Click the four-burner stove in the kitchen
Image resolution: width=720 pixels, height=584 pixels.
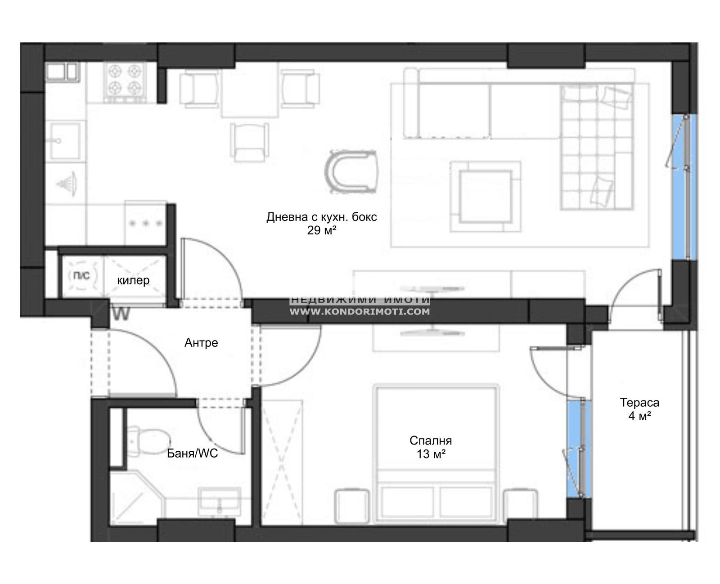click(x=125, y=82)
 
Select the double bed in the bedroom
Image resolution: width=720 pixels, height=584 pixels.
click(x=436, y=453)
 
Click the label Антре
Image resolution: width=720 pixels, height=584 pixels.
click(x=201, y=343)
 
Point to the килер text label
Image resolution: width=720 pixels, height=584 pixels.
click(x=133, y=280)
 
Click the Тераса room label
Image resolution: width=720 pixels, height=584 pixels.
click(x=639, y=403)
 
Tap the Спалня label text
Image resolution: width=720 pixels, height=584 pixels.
click(x=431, y=440)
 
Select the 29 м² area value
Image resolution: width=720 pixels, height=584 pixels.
click(x=321, y=230)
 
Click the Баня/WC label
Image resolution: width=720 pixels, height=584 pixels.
click(x=192, y=454)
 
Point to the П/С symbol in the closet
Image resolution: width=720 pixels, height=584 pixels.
click(x=82, y=275)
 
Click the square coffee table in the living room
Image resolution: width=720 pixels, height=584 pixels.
click(x=485, y=196)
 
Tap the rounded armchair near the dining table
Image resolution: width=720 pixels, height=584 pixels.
click(x=351, y=172)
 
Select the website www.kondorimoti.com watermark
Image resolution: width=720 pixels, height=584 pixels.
click(x=360, y=311)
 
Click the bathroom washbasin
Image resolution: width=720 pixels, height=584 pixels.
click(x=220, y=501)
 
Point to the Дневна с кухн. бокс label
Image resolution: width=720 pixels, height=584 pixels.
click(x=321, y=217)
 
